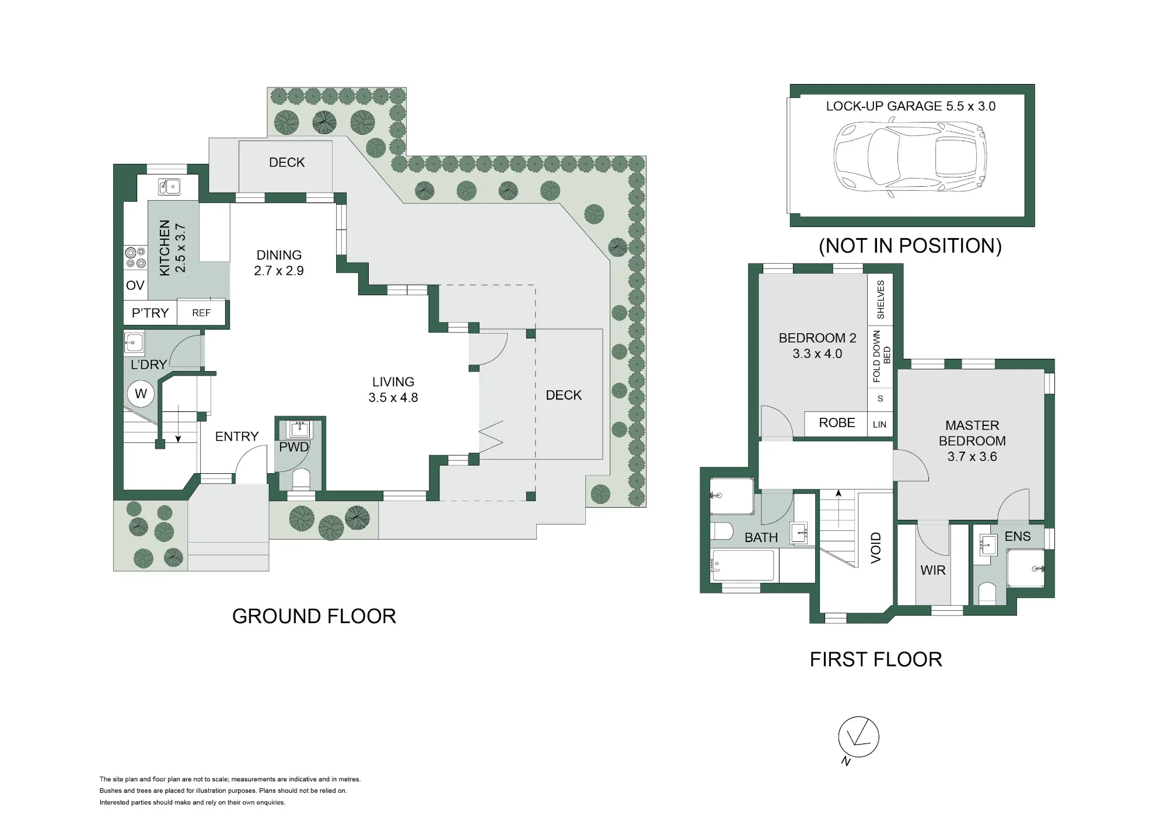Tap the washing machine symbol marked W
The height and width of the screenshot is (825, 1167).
point(141,394)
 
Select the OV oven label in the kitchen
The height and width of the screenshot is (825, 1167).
point(135,285)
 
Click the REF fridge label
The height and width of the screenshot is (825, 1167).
point(201,313)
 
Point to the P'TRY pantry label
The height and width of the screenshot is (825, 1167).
point(150,313)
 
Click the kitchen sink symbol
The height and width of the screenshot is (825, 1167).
point(169,187)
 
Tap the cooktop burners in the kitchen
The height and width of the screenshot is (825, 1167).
point(135,257)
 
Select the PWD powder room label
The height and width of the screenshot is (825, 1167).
point(294,447)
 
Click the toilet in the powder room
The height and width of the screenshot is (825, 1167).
point(301,479)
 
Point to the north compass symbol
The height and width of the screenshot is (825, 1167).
point(858,739)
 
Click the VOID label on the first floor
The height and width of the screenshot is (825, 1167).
point(875,547)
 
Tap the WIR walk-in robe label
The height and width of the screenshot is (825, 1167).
point(932,571)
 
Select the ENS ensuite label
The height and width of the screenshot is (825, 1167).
point(1018,536)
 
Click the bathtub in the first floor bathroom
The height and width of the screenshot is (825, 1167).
point(742,565)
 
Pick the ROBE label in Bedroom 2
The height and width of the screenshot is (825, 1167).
point(837,423)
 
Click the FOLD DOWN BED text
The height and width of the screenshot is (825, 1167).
point(881,356)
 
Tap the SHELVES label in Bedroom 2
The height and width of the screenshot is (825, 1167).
point(881,299)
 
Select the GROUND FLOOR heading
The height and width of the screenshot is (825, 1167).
point(314,616)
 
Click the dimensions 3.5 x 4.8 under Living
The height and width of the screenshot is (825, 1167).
point(393,398)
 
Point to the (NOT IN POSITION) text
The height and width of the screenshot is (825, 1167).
point(910,246)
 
